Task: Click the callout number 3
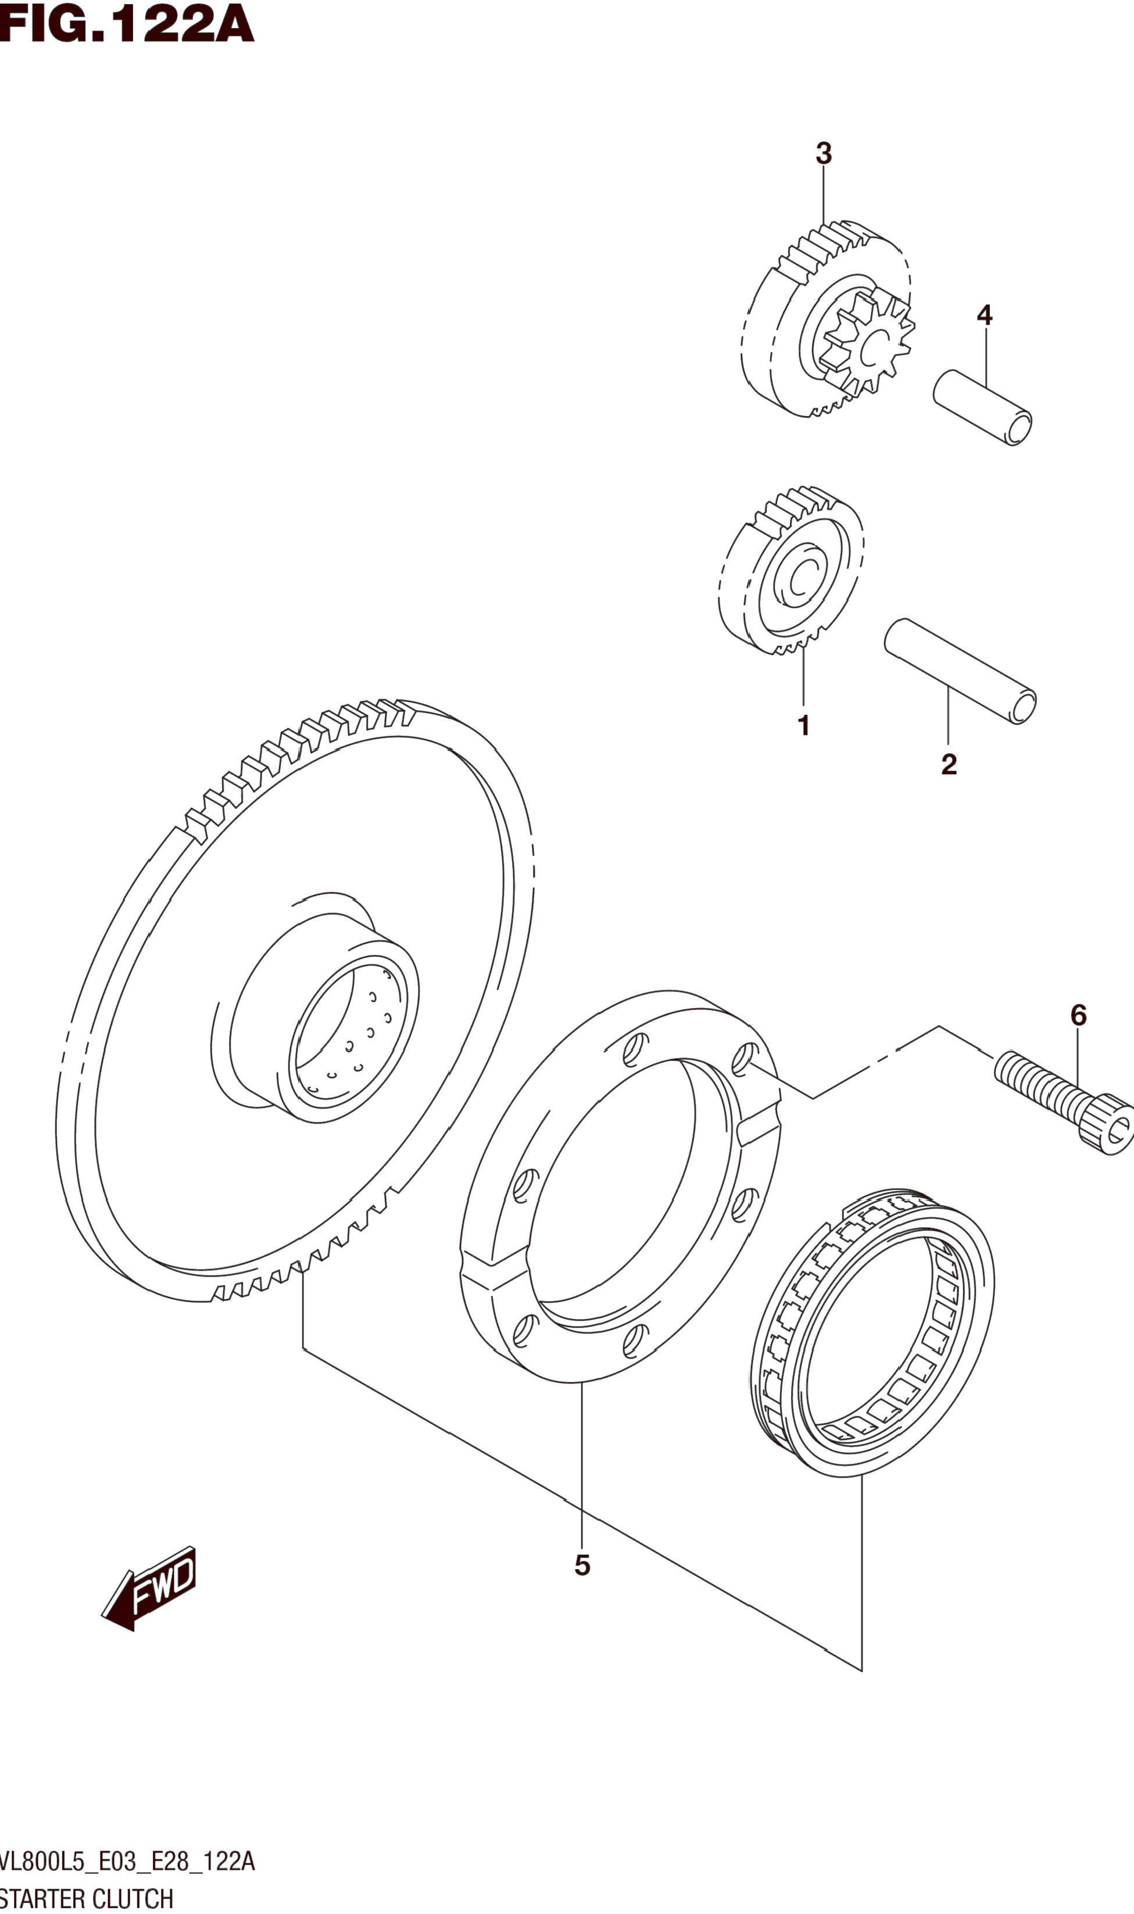[x=823, y=154]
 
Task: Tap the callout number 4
[x=984, y=315]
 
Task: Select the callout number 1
[x=803, y=725]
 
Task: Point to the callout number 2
[x=949, y=764]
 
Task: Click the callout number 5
[x=582, y=1566]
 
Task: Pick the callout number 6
[x=1078, y=1015]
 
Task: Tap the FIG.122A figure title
[x=126, y=24]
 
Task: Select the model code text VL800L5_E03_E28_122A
[x=127, y=1860]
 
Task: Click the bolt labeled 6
[x=1062, y=1097]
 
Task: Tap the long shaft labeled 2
[x=960, y=671]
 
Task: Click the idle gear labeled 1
[x=791, y=573]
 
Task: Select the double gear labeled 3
[x=825, y=321]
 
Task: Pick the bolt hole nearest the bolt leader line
[x=743, y=1060]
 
